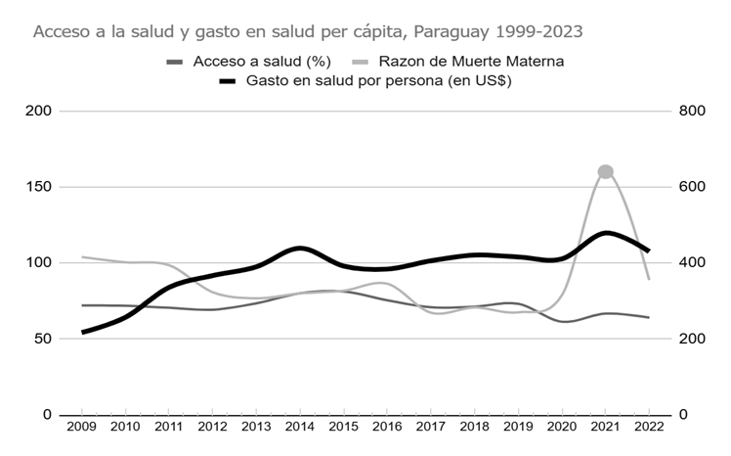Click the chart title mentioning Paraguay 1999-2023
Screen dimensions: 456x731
tap(308, 31)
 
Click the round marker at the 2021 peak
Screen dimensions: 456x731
tap(605, 172)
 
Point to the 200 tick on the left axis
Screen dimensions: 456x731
tap(38, 111)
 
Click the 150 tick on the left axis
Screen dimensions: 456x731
tap(38, 187)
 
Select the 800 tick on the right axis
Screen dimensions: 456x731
tap(690, 111)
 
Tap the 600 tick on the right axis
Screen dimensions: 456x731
tap(690, 187)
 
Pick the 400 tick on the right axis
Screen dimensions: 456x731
tap(690, 262)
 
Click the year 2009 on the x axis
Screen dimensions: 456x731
tap(81, 427)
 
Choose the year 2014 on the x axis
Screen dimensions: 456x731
tap(299, 427)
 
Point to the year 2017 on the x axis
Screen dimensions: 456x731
tap(430, 427)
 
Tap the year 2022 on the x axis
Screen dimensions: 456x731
tap(648, 427)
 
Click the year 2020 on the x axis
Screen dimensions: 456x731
tap(561, 427)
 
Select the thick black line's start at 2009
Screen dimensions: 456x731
tap(82, 333)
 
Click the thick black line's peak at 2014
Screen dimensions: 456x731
tap(300, 248)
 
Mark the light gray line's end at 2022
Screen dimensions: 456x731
tap(649, 279)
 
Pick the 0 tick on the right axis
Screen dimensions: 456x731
tap(682, 415)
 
